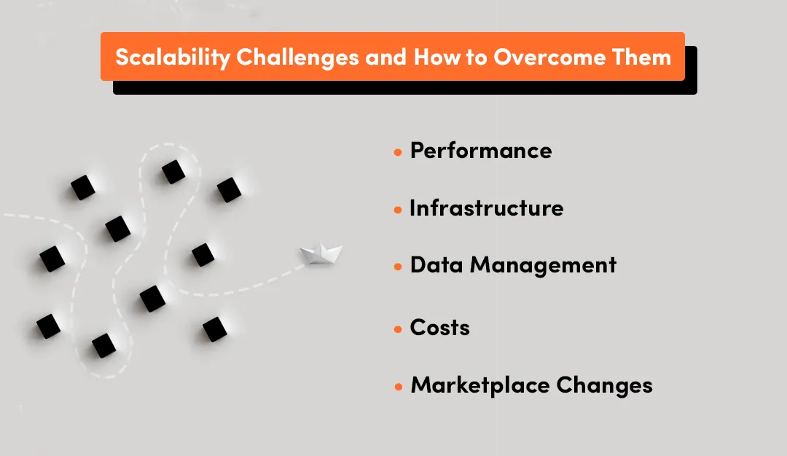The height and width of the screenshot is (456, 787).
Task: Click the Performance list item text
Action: (x=481, y=151)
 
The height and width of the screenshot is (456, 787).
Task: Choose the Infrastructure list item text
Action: (x=486, y=208)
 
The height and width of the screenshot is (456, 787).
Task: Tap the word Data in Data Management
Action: (x=436, y=265)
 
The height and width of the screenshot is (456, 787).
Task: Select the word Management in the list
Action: (x=543, y=265)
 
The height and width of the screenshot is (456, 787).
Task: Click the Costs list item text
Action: (x=439, y=328)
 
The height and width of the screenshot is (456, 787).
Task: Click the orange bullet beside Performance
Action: (x=398, y=152)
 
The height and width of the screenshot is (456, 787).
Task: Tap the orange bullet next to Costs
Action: (x=398, y=329)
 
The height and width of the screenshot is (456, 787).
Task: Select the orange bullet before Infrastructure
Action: (x=398, y=210)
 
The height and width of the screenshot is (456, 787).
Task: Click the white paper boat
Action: (x=321, y=254)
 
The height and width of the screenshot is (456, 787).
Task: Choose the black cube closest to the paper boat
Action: (x=203, y=255)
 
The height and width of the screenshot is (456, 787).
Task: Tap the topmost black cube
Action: (x=173, y=172)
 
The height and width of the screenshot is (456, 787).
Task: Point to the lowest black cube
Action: (x=103, y=345)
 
